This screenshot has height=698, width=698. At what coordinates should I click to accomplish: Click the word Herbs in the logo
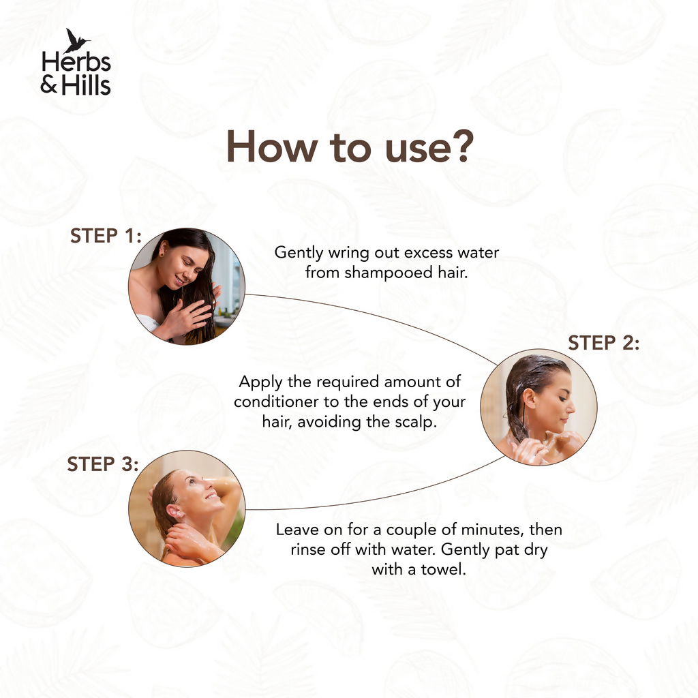pyautogui.click(x=76, y=63)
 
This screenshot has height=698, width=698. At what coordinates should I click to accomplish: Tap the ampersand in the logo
pyautogui.click(x=50, y=85)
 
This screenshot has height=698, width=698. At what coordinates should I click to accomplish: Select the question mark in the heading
pyautogui.click(x=461, y=147)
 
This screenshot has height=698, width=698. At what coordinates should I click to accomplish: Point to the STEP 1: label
pyautogui.click(x=106, y=237)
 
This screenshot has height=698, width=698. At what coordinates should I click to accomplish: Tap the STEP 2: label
pyautogui.click(x=603, y=343)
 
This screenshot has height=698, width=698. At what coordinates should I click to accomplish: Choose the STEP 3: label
pyautogui.click(x=103, y=465)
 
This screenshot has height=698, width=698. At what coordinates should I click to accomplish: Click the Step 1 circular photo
pyautogui.click(x=186, y=286)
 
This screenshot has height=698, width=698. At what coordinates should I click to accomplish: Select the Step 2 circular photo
pyautogui.click(x=538, y=407)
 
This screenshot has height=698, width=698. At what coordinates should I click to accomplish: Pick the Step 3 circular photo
pyautogui.click(x=186, y=508)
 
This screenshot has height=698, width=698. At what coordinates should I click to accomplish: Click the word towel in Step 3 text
pyautogui.click(x=444, y=569)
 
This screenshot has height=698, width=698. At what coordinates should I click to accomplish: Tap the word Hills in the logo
pyautogui.click(x=86, y=85)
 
